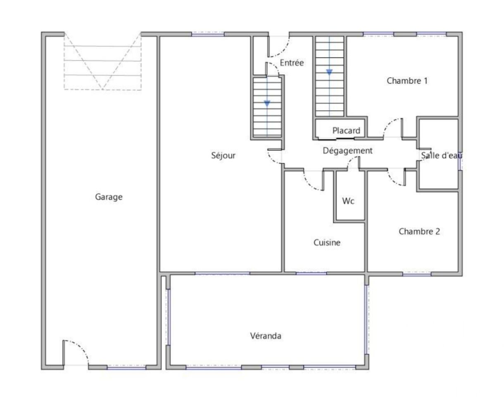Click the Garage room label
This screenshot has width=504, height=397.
pos(109,197)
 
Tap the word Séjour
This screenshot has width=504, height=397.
pos(223,155)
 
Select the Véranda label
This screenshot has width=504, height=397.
pos(266,336)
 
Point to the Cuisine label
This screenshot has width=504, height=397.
pos(327,242)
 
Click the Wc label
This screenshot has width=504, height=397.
pos(348,201)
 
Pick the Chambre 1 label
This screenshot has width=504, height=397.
pos(407,81)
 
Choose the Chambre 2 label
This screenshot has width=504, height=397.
pos(419,231)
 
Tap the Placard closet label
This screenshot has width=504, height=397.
pos(346,131)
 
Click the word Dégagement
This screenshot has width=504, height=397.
pos(347,151)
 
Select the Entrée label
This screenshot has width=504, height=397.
pos(292,62)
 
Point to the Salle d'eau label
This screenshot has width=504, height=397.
pos(441,155)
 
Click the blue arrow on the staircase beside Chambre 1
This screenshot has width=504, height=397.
pos(329,72)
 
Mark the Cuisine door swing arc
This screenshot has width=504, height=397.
pos(309,184)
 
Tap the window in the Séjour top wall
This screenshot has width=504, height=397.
pos(208,34)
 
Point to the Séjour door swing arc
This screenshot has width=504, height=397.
pos(271,159)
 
